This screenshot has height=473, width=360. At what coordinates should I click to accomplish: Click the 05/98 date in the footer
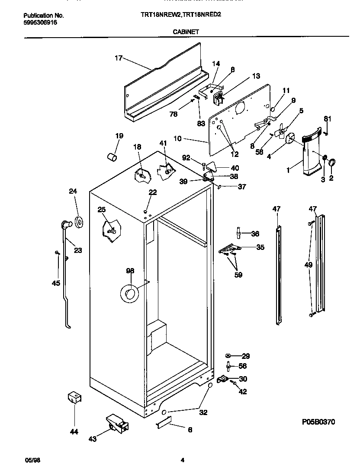[29, 460]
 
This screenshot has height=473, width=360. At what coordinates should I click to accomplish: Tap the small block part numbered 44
[74, 398]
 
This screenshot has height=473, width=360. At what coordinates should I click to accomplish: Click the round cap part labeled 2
[333, 163]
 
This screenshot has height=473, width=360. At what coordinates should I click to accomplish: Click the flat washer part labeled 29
[229, 356]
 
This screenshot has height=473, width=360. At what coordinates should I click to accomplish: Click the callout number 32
[203, 412]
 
